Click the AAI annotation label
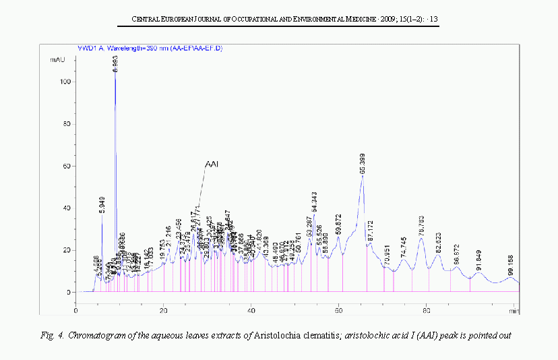click(212, 163)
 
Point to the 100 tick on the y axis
click(65, 82)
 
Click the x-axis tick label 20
click(164, 311)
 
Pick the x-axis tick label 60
click(339, 311)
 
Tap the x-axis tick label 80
click(427, 311)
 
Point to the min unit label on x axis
click(514, 311)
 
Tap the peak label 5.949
click(102, 204)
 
